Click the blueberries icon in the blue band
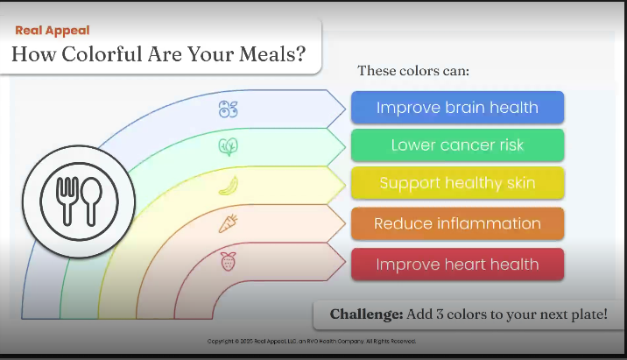[229, 109]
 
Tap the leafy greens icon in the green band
[229, 147]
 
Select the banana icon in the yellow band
[229, 186]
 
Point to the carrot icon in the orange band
[229, 223]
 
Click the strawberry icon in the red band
[229, 262]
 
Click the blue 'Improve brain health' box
[457, 107]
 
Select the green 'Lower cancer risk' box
[457, 145]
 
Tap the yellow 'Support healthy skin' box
[457, 183]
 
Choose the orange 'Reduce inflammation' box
[457, 223]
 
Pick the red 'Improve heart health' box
[457, 264]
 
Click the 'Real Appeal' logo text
[53, 31]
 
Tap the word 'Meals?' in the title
[272, 53]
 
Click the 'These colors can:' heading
[413, 71]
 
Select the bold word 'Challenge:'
[366, 314]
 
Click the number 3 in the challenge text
[440, 314]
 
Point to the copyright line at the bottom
[312, 342]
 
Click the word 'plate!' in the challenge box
[589, 314]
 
